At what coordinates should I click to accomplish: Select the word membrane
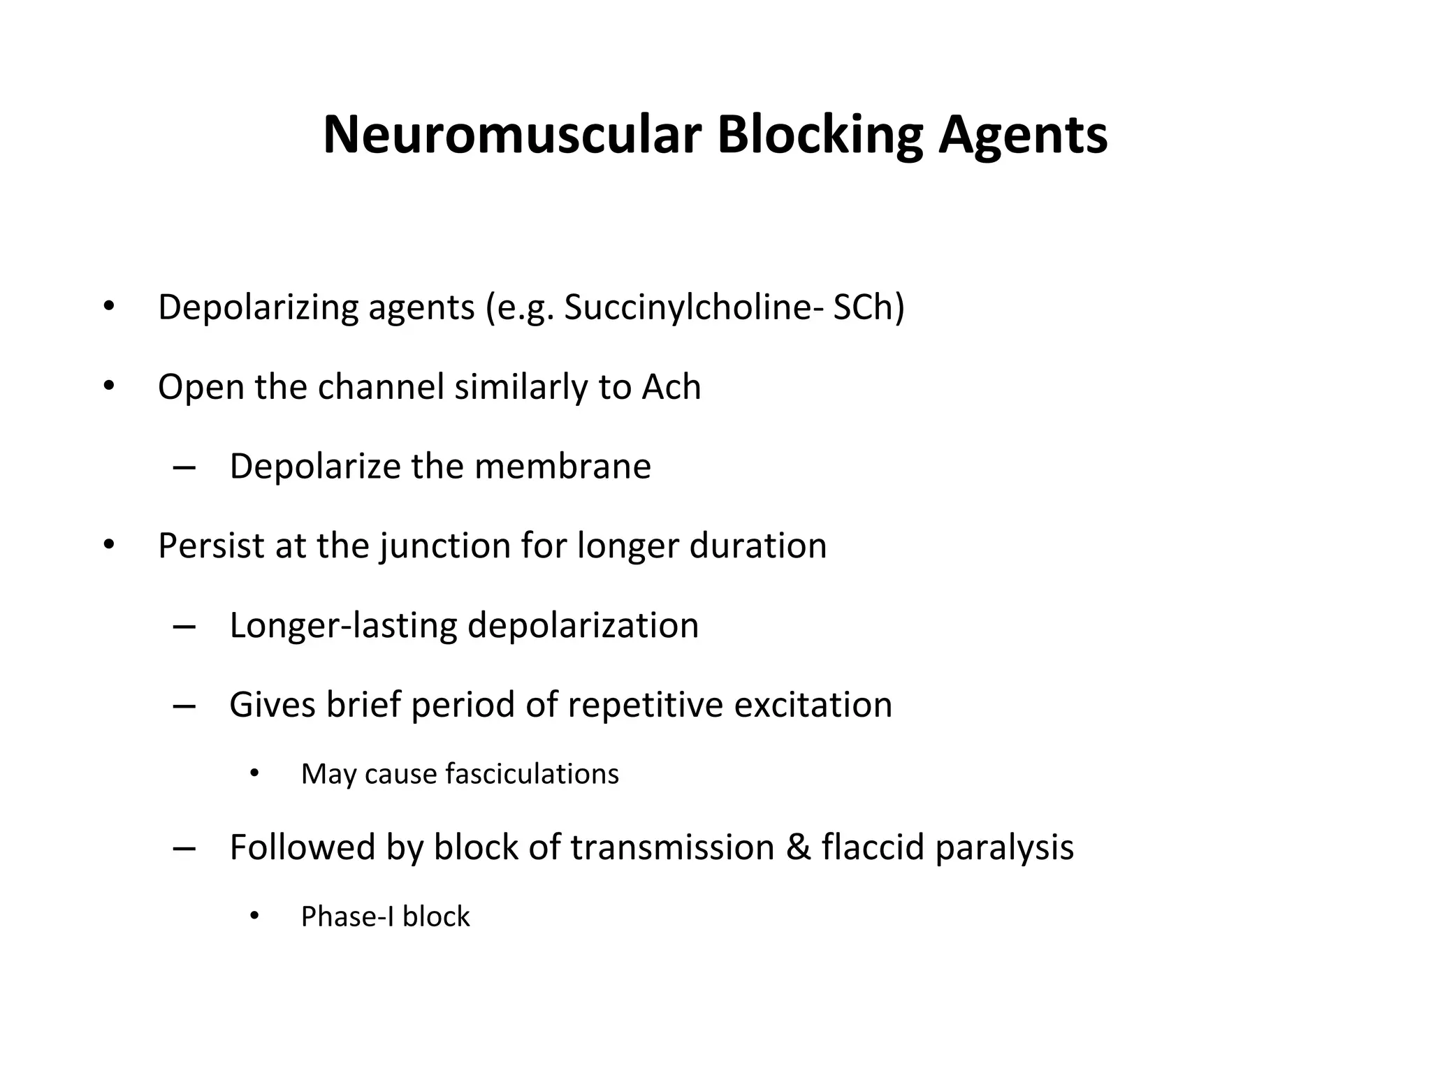click(562, 466)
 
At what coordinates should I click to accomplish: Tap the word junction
click(445, 547)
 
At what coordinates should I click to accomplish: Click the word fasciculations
click(532, 774)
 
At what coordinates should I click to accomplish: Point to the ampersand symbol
click(798, 847)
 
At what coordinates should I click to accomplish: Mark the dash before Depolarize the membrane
click(184, 467)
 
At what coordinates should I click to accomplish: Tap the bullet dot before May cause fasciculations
click(254, 773)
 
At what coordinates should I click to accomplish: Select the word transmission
click(672, 847)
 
